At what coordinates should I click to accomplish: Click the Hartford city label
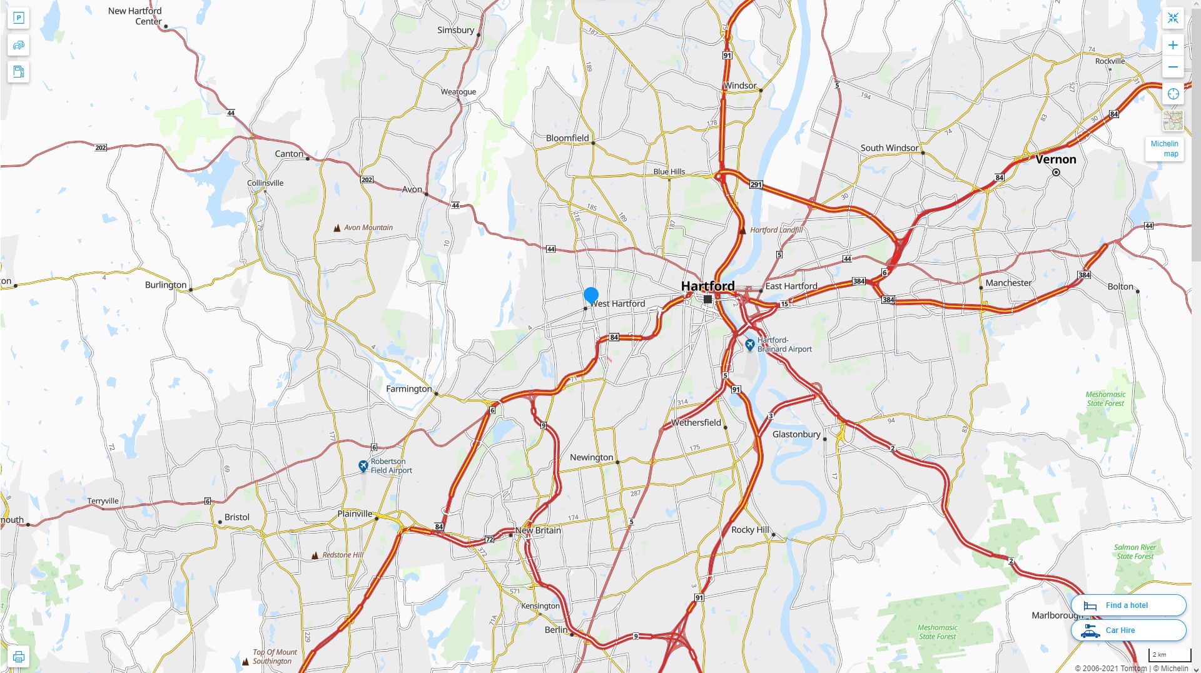pyautogui.click(x=707, y=286)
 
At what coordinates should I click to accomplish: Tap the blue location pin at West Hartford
pyautogui.click(x=590, y=295)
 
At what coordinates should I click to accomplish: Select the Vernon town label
pyautogui.click(x=1055, y=159)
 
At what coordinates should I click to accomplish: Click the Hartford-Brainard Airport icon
pyautogui.click(x=749, y=345)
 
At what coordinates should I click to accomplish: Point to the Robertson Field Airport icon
pyautogui.click(x=363, y=466)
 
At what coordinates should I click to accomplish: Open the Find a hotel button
pyautogui.click(x=1128, y=605)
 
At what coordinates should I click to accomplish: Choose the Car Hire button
pyautogui.click(x=1128, y=630)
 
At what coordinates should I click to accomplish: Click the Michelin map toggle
pyautogui.click(x=1164, y=149)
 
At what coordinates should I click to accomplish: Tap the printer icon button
pyautogui.click(x=18, y=656)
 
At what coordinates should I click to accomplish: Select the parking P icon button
pyautogui.click(x=18, y=18)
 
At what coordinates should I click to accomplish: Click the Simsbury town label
pyautogui.click(x=455, y=30)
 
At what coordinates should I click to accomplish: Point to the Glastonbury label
pyautogui.click(x=796, y=434)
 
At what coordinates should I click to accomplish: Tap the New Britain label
pyautogui.click(x=538, y=530)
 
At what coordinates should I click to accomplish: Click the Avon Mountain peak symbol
pyautogui.click(x=337, y=228)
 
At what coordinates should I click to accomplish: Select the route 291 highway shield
pyautogui.click(x=756, y=185)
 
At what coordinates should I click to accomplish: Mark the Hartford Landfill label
pyautogui.click(x=776, y=230)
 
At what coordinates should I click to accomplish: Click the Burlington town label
pyautogui.click(x=166, y=285)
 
